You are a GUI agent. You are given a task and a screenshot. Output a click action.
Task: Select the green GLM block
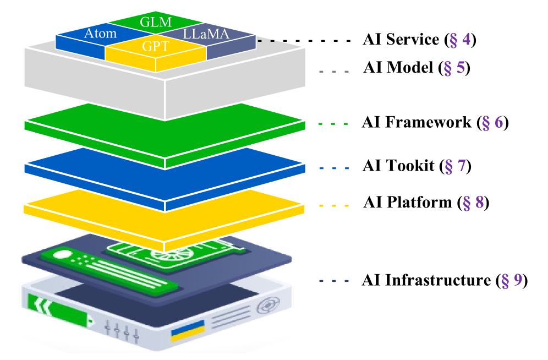pyautogui.click(x=155, y=23)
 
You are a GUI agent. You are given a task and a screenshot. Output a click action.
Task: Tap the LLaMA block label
pyautogui.click(x=206, y=34)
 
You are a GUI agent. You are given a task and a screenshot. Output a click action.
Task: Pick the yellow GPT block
pyautogui.click(x=155, y=47)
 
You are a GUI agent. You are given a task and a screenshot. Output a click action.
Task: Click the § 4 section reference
pyautogui.click(x=460, y=40)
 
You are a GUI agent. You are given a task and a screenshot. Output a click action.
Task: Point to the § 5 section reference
pyautogui.click(x=454, y=68)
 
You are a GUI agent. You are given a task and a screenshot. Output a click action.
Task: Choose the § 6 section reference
pyautogui.click(x=492, y=122)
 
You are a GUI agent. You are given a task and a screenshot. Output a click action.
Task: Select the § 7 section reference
pyautogui.click(x=455, y=166)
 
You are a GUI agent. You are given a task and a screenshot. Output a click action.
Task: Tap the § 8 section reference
pyautogui.click(x=473, y=203)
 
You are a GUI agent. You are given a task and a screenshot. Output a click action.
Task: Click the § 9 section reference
pyautogui.click(x=511, y=281)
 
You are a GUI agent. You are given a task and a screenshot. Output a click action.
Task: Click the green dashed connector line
pyautogui.click(x=333, y=124)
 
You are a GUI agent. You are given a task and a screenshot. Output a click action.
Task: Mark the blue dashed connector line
pyautogui.click(x=333, y=168)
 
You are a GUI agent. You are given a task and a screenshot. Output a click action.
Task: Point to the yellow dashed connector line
pyautogui.click(x=333, y=206)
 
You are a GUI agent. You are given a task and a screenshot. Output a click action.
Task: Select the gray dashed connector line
pyautogui.click(x=333, y=72)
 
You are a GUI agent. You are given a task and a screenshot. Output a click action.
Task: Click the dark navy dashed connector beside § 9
pyautogui.click(x=333, y=281)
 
